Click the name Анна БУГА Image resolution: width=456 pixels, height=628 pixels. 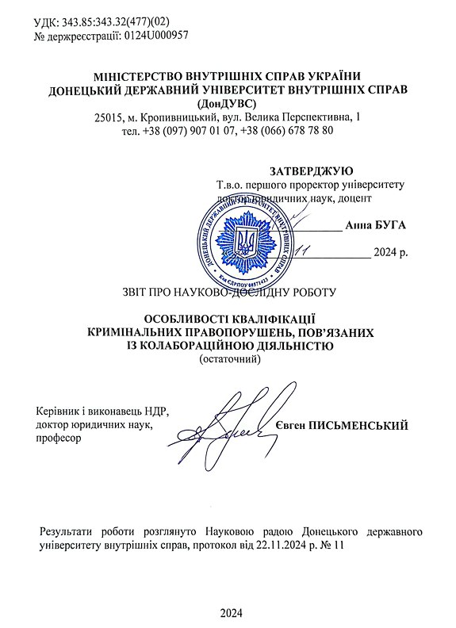pyautogui.click(x=375, y=225)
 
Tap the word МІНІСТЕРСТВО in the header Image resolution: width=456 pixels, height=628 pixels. pyautogui.click(x=141, y=77)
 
